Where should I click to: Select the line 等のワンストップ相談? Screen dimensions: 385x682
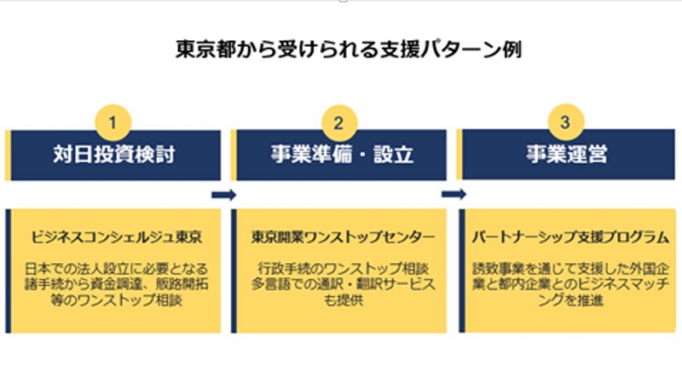[116, 300]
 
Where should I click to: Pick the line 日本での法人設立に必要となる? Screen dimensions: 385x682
[116, 268]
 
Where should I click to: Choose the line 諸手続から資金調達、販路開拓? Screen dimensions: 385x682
[116, 284]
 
